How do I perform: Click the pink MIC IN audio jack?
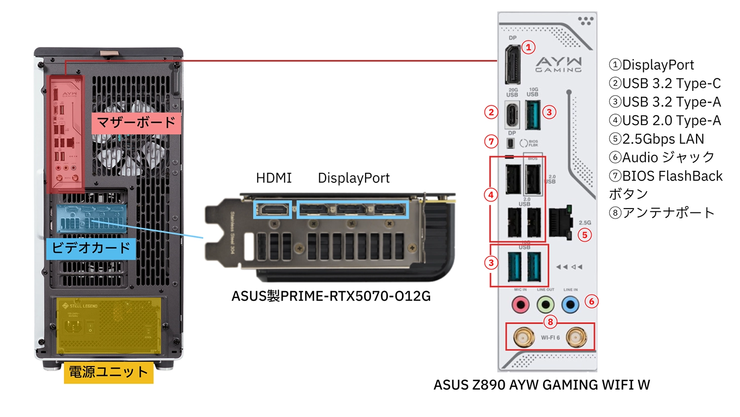point(520,305)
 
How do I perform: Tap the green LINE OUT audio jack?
point(545,305)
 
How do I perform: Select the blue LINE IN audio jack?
point(570,305)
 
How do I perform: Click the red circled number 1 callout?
point(528,47)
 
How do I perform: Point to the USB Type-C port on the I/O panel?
point(512,115)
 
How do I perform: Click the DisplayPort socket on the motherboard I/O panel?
point(512,65)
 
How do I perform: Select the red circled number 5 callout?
point(585,235)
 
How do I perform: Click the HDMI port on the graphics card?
point(273,210)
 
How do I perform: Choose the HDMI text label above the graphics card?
point(274,178)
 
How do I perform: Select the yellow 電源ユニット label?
point(109,372)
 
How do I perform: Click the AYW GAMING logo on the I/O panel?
point(559,64)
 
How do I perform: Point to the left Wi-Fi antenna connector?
point(523,338)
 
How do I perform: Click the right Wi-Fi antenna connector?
point(576,338)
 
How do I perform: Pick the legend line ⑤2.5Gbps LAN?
point(657,139)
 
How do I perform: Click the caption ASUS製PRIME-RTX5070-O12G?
point(331,296)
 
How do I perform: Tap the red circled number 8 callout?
point(550,322)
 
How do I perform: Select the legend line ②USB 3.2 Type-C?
point(665,83)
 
